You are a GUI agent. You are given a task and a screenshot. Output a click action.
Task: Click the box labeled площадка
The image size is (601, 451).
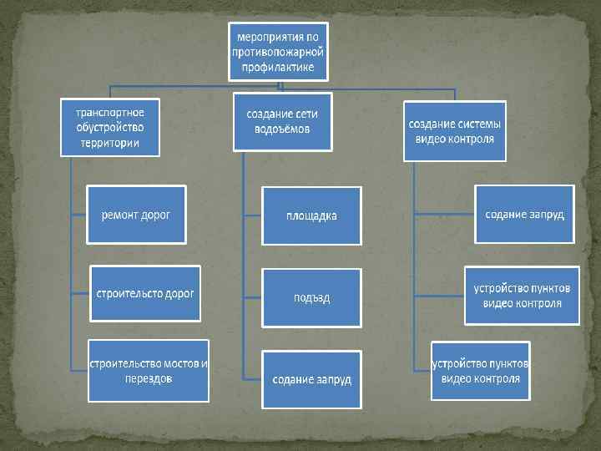[x=312, y=215]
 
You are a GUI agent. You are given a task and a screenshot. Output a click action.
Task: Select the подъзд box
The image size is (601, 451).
[x=312, y=297]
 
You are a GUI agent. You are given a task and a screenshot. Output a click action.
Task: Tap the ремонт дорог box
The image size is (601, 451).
[x=136, y=215]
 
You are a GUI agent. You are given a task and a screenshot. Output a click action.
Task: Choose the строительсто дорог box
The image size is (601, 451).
[x=145, y=294]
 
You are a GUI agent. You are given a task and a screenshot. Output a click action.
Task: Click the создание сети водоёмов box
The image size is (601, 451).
[x=282, y=121]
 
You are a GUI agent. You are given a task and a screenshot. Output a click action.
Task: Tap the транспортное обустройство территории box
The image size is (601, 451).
[x=109, y=127]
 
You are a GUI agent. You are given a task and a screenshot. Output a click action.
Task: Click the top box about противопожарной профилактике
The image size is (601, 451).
[x=279, y=51]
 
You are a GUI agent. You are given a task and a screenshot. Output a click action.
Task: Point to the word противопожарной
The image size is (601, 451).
[x=279, y=51]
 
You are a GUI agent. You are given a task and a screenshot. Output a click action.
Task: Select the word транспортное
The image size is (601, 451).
[x=109, y=112]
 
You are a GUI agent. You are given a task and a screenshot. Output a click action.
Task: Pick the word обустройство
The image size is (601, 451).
[x=109, y=127]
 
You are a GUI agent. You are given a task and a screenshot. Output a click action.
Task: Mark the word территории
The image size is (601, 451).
[x=109, y=142]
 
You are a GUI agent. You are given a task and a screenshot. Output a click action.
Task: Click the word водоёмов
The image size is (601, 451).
[x=282, y=129]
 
